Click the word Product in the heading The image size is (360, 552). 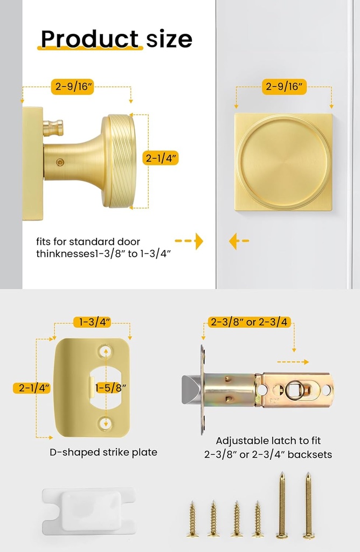(89, 39)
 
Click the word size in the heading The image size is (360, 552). (169, 39)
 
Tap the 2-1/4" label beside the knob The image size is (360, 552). (161, 158)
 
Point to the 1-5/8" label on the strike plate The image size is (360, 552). (112, 388)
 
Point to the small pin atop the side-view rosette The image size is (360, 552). (53, 128)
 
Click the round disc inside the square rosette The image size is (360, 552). (283, 162)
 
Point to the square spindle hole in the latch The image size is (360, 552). (295, 390)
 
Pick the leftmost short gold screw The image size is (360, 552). (192, 519)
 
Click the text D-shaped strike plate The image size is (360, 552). (103, 452)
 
